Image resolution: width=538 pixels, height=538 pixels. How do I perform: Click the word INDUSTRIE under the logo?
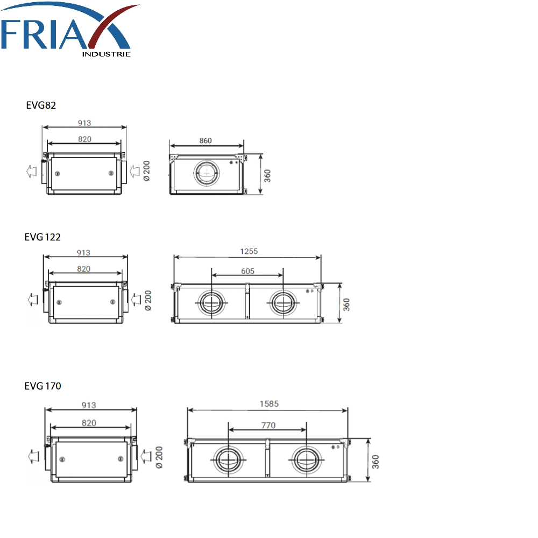point(107,54)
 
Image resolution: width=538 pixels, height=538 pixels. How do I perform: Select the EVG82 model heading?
point(41,105)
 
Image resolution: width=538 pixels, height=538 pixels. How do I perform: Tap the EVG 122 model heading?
point(43,237)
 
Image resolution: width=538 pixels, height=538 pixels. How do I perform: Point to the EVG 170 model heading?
point(43,386)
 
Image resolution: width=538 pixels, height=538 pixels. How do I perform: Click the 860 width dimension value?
point(206,140)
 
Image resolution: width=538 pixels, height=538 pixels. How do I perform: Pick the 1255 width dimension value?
point(249,251)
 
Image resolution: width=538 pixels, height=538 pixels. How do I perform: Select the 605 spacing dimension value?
point(247,271)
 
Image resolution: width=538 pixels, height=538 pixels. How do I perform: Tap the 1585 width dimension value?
point(269,404)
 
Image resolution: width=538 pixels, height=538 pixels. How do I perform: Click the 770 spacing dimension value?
point(268,426)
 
